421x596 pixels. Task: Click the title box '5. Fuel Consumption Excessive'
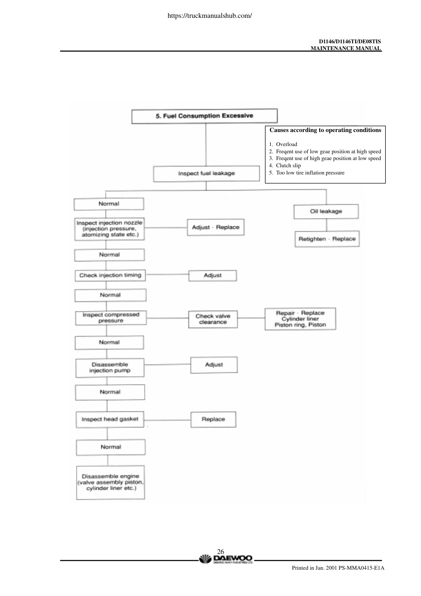click(204, 116)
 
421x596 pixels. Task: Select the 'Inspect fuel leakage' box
click(206, 174)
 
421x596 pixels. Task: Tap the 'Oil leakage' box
click(326, 211)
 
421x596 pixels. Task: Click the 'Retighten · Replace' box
click(327, 239)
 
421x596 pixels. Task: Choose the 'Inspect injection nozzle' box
click(109, 229)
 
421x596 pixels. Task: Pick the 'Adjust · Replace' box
click(216, 227)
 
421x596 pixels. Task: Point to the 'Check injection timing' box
click(110, 276)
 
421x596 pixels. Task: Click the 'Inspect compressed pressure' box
click(111, 318)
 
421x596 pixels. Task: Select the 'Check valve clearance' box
click(213, 319)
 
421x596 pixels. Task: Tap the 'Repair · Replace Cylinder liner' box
click(300, 319)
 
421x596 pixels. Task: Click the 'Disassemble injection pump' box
click(110, 368)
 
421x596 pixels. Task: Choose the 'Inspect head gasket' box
click(110, 419)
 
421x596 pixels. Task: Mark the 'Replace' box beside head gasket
click(213, 419)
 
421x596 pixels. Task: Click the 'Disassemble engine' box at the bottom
click(110, 482)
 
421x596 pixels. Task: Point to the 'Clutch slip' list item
click(285, 166)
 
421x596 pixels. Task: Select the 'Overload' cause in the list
click(283, 144)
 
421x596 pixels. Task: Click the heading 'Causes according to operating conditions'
click(325, 130)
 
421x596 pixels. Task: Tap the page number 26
click(220, 551)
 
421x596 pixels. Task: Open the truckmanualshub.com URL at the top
click(210, 16)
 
